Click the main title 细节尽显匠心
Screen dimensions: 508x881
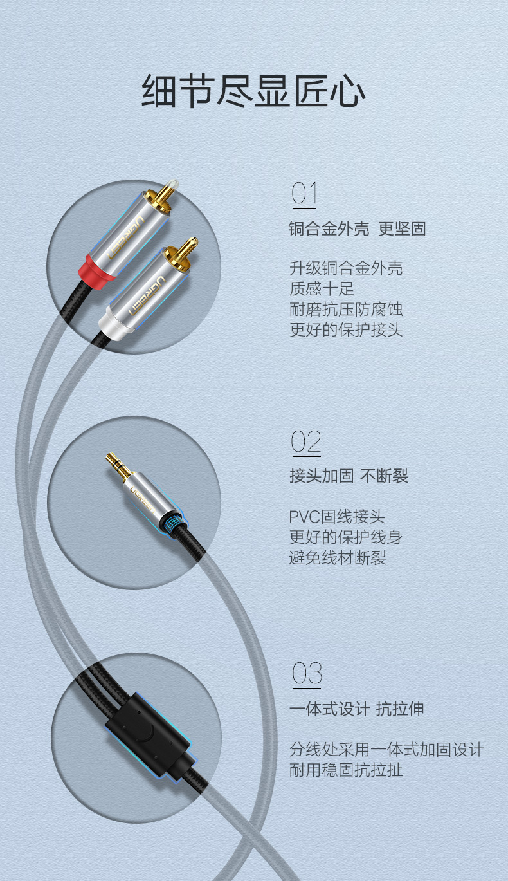pos(253,91)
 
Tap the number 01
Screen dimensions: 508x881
pos(304,193)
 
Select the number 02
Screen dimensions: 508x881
pos(305,441)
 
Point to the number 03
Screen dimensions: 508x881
pos(307,673)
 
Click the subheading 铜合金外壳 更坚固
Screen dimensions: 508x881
pos(358,229)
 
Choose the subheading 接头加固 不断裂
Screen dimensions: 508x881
pos(349,476)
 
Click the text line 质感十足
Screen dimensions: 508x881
pos(322,289)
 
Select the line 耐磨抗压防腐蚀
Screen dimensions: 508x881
pos(346,309)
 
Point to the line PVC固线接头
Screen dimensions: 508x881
pos(337,516)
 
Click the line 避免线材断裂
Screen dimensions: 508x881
pos(338,557)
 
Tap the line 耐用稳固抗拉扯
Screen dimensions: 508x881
pos(346,770)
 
